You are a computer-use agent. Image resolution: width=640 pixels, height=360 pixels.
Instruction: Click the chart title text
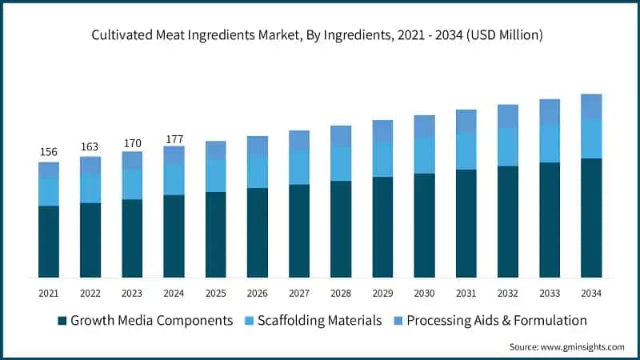coord(320,34)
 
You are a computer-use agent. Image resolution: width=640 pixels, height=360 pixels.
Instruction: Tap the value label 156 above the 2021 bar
coord(49,152)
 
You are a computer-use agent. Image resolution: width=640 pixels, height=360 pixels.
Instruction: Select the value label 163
coord(90,147)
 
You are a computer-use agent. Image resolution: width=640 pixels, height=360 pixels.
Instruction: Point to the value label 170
coord(132,142)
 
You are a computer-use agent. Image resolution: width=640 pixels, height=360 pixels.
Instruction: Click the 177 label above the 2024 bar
coord(174,138)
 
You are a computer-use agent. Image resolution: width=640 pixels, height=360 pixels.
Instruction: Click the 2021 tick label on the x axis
coord(49,294)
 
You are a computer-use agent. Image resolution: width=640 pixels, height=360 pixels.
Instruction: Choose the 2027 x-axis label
coord(299,294)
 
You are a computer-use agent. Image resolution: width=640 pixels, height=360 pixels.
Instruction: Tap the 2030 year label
coord(424,294)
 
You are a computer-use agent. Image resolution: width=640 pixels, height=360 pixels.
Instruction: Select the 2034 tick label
coord(591,294)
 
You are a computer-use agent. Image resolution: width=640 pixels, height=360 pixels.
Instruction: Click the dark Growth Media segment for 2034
coord(591,218)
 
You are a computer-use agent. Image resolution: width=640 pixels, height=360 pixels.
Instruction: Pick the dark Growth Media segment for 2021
coord(49,242)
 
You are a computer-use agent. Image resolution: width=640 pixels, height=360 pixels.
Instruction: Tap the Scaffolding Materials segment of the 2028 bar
coord(341,163)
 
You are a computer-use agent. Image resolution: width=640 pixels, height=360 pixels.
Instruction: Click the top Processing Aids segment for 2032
coord(508,116)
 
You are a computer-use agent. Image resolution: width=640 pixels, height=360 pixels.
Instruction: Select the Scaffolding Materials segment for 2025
coord(216,175)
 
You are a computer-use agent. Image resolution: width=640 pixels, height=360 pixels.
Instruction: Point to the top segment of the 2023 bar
coord(132,160)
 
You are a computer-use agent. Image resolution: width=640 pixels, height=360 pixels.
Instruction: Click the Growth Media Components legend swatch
coord(62,321)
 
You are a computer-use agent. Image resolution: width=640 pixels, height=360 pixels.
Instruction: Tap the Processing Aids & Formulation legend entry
coord(496,321)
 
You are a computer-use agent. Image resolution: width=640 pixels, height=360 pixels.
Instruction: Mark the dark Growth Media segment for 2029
coord(382,227)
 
